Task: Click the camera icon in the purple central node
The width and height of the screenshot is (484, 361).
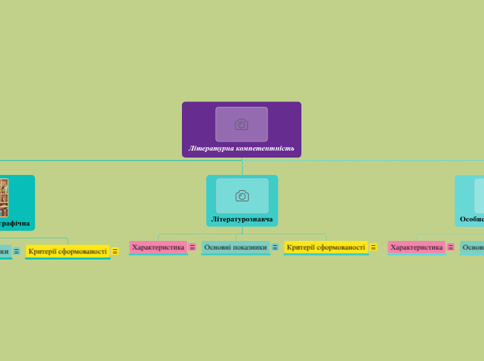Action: click(x=241, y=124)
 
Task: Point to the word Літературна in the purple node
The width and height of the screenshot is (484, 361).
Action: click(x=211, y=148)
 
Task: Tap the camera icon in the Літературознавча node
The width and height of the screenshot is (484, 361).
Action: click(x=242, y=196)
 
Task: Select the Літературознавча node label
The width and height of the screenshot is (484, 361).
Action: click(x=242, y=219)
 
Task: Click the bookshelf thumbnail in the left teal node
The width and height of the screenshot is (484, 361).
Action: click(x=3, y=198)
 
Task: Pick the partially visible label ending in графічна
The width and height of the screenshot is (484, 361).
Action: click(x=14, y=224)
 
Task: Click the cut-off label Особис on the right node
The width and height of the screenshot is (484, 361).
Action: click(x=472, y=219)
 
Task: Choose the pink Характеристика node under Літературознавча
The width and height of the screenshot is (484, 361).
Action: click(x=158, y=247)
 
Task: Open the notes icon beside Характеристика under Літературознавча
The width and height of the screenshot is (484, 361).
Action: click(x=192, y=247)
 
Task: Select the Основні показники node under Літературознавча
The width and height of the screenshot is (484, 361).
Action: click(x=235, y=247)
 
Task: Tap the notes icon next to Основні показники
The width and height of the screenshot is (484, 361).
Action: click(x=275, y=247)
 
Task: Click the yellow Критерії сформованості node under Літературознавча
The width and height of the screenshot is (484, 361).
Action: click(x=326, y=247)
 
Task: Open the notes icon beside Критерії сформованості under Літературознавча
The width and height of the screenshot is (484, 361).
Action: click(x=373, y=247)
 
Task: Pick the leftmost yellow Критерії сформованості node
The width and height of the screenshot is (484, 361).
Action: click(x=67, y=251)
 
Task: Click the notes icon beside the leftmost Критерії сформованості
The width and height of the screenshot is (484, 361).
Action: click(x=115, y=251)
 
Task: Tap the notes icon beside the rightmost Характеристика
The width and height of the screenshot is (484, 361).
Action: click(x=451, y=247)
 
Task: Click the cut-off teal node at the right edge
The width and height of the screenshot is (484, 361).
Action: click(x=473, y=247)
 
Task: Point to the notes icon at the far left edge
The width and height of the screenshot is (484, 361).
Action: click(x=16, y=251)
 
